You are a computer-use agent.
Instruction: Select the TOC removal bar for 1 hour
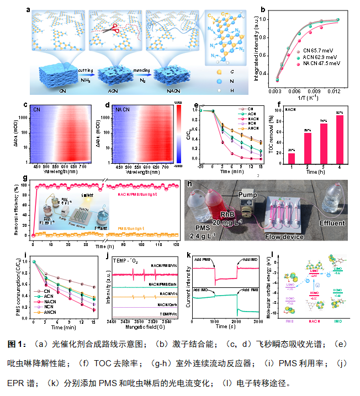click(292, 166)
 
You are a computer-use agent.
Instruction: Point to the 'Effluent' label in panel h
click(331, 224)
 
